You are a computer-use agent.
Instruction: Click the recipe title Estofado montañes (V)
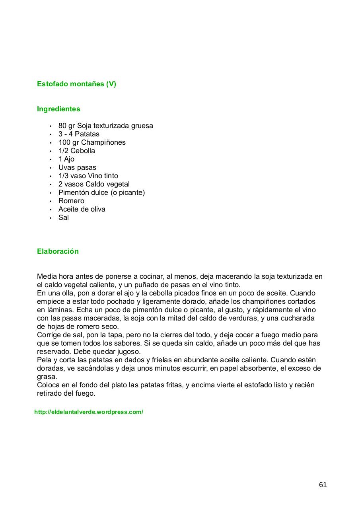(x=76, y=84)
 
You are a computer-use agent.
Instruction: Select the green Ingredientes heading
(x=58, y=109)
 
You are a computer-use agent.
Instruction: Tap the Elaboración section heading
(x=58, y=251)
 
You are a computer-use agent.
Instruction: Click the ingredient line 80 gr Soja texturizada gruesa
(x=105, y=126)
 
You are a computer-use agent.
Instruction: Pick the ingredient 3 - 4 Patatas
(x=79, y=134)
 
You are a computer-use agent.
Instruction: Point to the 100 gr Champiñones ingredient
(x=92, y=142)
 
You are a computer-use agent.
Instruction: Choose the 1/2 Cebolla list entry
(x=77, y=151)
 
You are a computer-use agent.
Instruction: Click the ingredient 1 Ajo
(x=66, y=159)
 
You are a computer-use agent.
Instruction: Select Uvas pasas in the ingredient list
(x=77, y=167)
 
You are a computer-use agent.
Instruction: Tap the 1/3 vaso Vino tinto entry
(x=88, y=176)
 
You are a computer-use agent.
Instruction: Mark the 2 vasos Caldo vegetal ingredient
(x=94, y=184)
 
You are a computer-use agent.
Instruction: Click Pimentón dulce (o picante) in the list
(x=101, y=192)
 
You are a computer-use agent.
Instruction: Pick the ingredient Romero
(x=71, y=201)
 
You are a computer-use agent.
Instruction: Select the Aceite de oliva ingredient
(x=82, y=209)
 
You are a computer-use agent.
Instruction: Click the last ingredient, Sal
(x=64, y=218)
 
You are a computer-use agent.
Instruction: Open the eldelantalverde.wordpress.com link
(x=89, y=412)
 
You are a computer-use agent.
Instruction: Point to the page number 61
(x=323, y=485)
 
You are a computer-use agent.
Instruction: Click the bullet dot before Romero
(x=51, y=201)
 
